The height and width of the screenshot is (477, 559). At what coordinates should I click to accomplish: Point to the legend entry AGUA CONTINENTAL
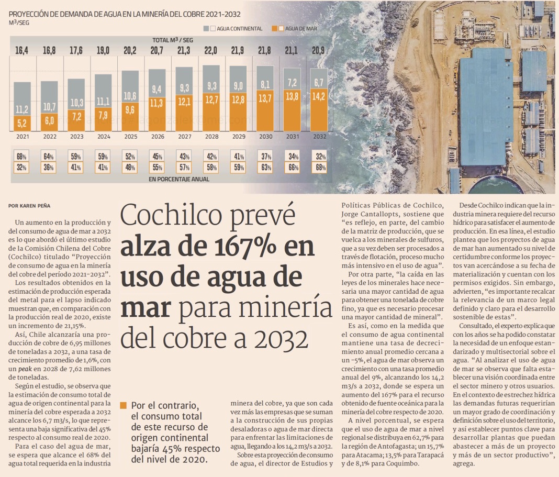[x=236, y=29]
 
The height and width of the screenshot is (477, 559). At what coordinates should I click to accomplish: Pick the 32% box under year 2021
[x=22, y=168]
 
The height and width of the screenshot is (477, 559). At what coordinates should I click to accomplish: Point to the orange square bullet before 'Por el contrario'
[x=124, y=405]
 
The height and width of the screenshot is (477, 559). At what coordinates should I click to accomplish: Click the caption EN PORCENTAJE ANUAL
[x=178, y=179]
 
